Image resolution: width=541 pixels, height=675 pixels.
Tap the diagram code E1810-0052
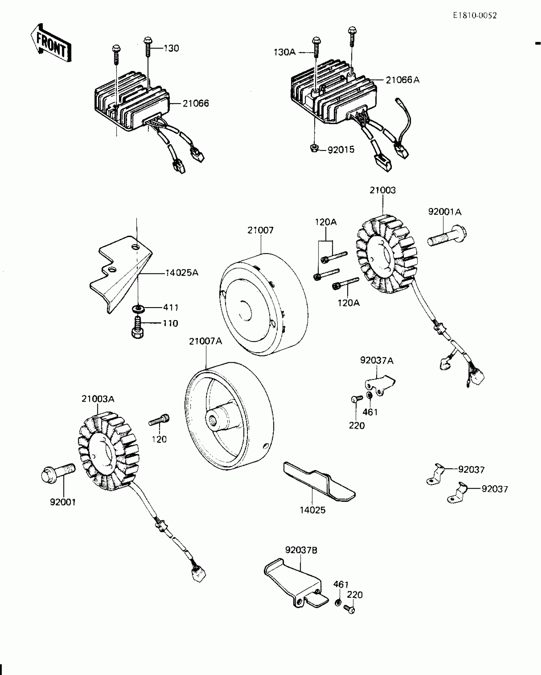pos(475,16)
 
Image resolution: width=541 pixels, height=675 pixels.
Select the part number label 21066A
pos(403,80)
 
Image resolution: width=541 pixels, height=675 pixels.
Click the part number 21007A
pos(205,341)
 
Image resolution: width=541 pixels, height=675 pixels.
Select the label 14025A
pos(182,273)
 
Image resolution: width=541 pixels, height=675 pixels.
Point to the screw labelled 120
pos(159,420)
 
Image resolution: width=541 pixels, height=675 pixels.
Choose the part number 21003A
pos(98,399)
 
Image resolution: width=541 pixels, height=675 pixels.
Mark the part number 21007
pos(260,230)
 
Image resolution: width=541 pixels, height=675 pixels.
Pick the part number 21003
pos(383,190)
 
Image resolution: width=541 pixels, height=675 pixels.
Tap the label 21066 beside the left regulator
pos(196,104)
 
